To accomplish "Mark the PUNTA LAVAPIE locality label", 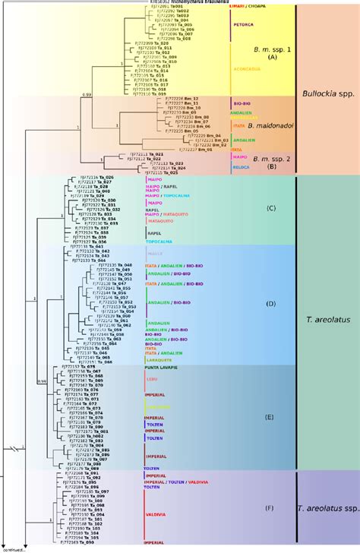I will (162, 366).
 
